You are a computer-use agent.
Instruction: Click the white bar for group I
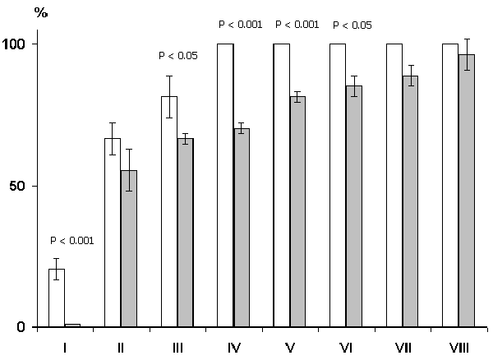click(57, 298)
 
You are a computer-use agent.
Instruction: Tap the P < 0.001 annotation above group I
click(72, 241)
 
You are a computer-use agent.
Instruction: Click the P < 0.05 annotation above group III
click(177, 57)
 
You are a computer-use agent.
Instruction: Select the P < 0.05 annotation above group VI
click(352, 25)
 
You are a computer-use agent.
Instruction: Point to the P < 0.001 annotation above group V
click(297, 25)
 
